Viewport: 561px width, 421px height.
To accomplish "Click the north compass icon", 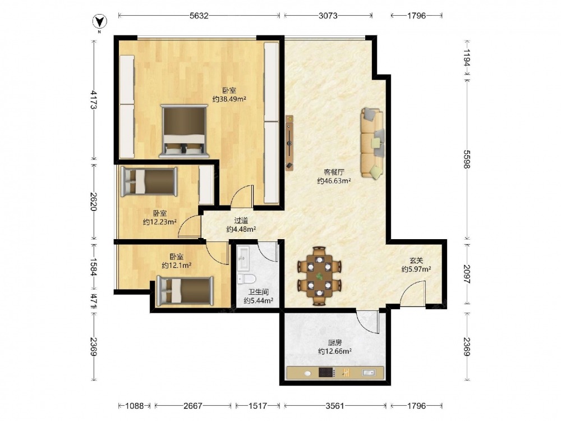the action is (x=100, y=22).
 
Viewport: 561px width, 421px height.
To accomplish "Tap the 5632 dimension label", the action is (x=199, y=15).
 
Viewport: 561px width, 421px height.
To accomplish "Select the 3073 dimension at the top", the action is (x=328, y=15).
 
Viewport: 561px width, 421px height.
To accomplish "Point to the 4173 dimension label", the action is (x=94, y=99).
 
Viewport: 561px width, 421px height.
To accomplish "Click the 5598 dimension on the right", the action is (x=467, y=159).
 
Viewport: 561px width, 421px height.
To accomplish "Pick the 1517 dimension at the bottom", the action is (x=257, y=406).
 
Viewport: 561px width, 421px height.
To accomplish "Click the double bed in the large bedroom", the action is (x=184, y=131).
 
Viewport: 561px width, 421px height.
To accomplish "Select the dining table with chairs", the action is (x=319, y=276).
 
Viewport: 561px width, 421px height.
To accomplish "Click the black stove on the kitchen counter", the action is (x=327, y=373).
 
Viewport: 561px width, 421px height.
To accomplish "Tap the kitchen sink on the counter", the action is (x=369, y=373).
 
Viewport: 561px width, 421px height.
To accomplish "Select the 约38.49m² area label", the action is (x=229, y=99).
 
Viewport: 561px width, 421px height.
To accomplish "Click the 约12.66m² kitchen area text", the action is (x=335, y=351).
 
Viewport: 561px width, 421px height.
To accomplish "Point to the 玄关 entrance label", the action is (x=416, y=261).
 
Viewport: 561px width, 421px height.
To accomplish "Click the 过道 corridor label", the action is (x=241, y=221).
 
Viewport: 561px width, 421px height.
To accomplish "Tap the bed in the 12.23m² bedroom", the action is (x=149, y=181).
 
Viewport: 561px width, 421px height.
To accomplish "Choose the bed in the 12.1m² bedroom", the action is (x=185, y=291).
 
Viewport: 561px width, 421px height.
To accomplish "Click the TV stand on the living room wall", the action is (x=289, y=143).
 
